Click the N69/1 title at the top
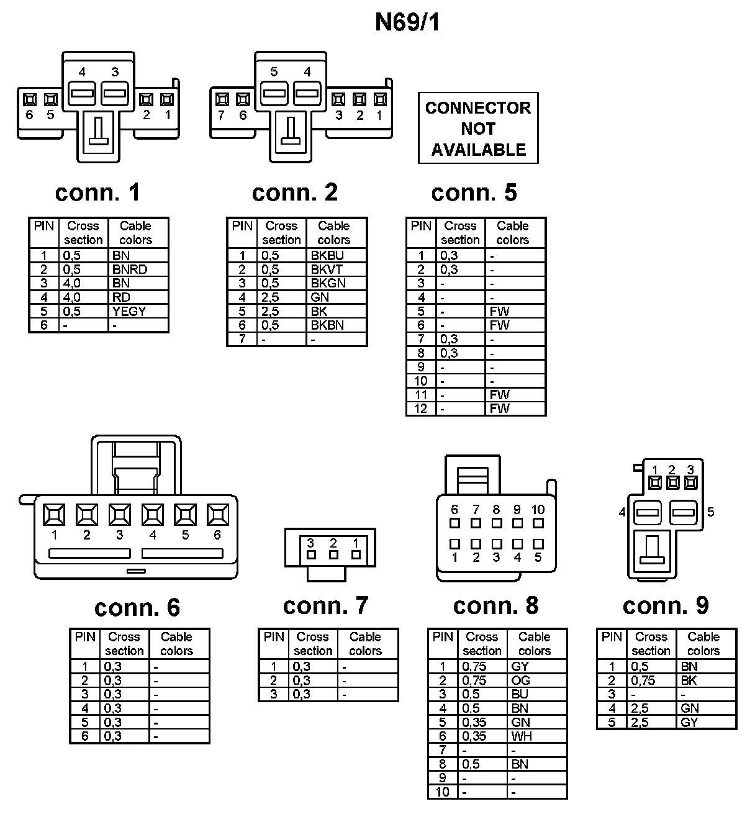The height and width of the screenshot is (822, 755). (x=407, y=22)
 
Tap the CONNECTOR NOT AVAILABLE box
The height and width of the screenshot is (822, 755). (x=478, y=129)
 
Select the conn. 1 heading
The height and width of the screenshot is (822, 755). (x=97, y=192)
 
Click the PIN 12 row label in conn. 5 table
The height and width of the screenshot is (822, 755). (x=421, y=409)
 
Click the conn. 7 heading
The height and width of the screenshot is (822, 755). (x=325, y=605)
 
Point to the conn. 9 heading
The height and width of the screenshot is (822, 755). (x=666, y=605)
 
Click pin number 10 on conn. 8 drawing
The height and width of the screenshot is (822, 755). (x=538, y=510)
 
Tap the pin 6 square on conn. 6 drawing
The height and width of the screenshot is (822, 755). (x=217, y=515)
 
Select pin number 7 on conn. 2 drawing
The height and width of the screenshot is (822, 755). (x=222, y=115)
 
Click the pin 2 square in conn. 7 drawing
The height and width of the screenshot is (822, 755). (x=333, y=554)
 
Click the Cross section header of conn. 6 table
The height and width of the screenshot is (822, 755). (x=124, y=644)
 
